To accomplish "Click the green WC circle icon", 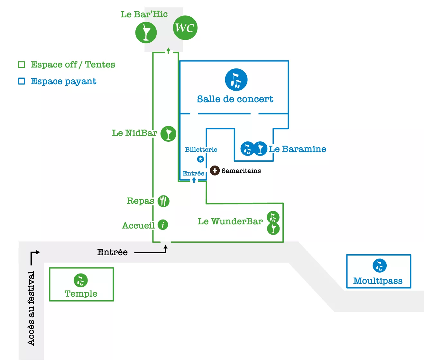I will (x=185, y=28).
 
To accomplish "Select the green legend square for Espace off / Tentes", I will (x=22, y=65).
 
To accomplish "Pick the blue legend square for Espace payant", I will (x=22, y=81).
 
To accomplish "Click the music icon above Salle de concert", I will (x=236, y=80).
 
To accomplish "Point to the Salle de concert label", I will (x=235, y=99).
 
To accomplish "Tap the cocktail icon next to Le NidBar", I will (x=168, y=134).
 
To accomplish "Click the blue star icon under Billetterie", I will (x=200, y=159).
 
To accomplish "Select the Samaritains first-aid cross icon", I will (x=215, y=170).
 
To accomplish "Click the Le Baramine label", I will (x=298, y=149).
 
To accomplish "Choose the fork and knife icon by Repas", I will (x=163, y=201).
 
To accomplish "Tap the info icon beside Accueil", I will (x=163, y=225).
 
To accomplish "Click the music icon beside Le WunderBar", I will (x=273, y=217).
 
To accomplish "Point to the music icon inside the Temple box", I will (x=80, y=280).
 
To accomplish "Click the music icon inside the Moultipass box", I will (x=380, y=265).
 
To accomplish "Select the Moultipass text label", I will (x=378, y=281).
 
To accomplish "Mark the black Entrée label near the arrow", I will (x=112, y=252).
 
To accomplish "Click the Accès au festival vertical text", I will (x=31, y=309).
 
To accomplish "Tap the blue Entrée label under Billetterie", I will (x=193, y=174).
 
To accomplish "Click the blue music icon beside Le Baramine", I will (x=247, y=148).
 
